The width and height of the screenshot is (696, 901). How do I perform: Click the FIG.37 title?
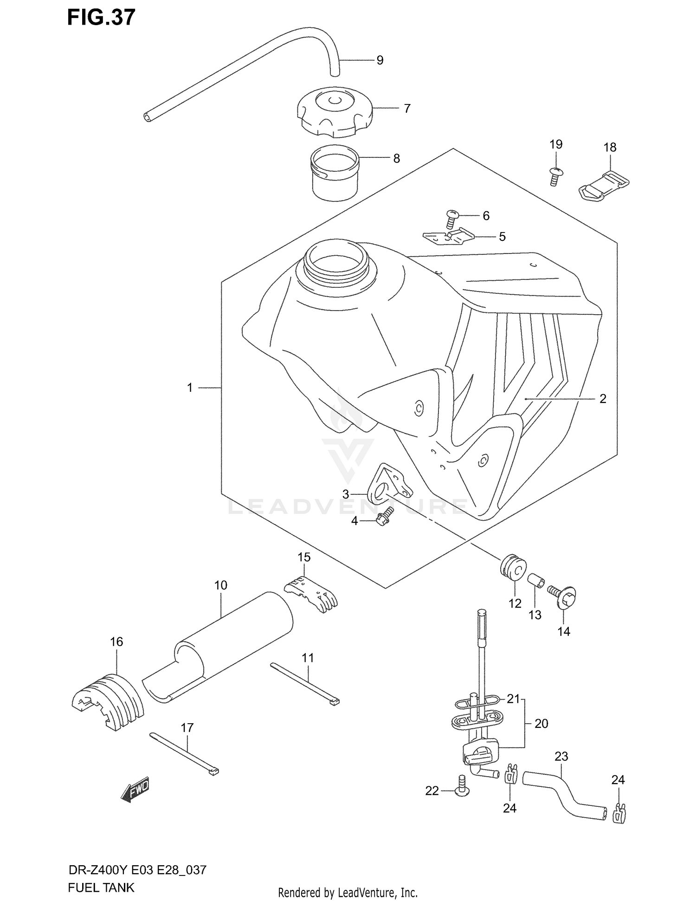click(101, 17)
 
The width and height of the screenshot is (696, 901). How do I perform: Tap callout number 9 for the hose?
click(380, 60)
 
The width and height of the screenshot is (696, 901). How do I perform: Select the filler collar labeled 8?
click(335, 173)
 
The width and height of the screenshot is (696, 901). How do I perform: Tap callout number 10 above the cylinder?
click(221, 585)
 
